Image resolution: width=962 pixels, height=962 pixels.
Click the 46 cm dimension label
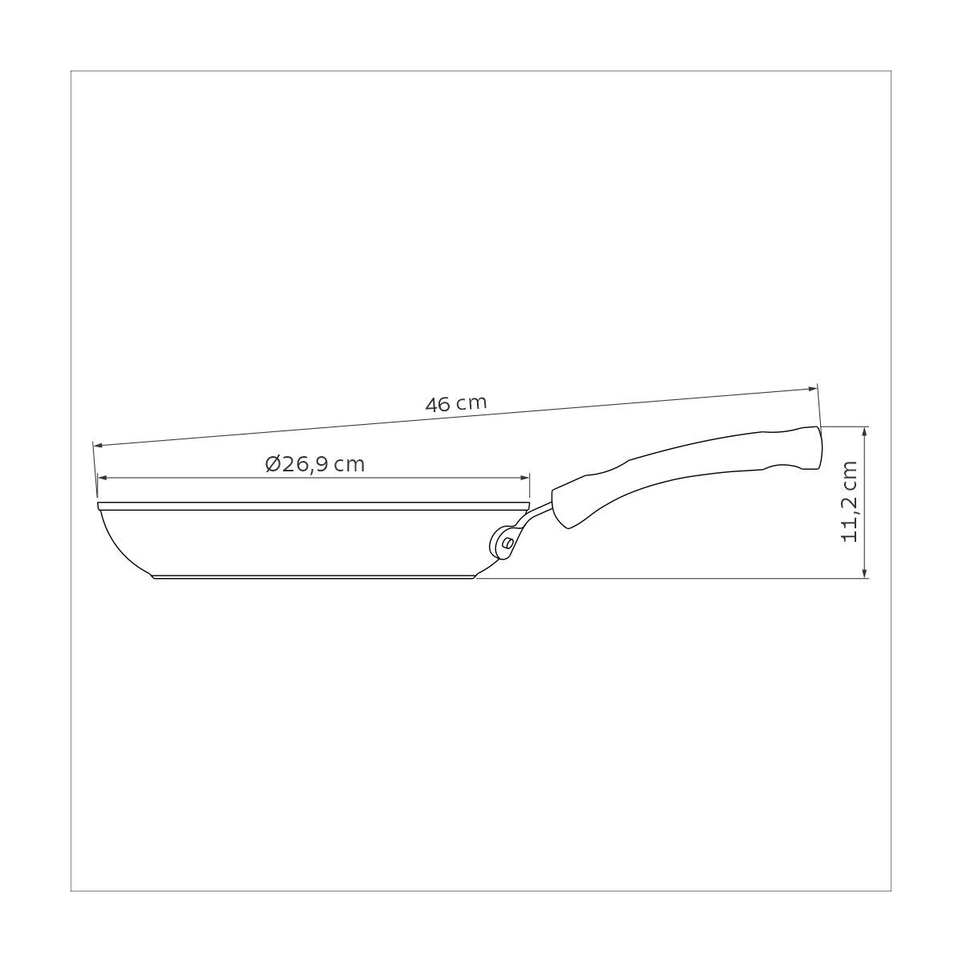pyautogui.click(x=456, y=403)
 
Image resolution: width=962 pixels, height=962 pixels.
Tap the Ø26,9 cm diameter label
pyautogui.click(x=315, y=464)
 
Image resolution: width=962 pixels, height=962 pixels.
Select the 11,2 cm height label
pyautogui.click(x=849, y=502)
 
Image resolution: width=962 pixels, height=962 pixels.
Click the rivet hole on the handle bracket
pyautogui.click(x=507, y=542)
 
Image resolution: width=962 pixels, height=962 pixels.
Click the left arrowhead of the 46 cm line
pyautogui.click(x=99, y=444)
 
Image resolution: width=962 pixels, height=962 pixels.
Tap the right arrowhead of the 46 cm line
pyautogui.click(x=812, y=388)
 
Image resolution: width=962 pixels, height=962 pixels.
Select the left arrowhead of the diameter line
pyautogui.click(x=103, y=478)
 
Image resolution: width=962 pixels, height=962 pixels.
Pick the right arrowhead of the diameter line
pyautogui.click(x=524, y=478)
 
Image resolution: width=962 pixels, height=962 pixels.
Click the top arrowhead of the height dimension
pyautogui.click(x=866, y=431)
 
